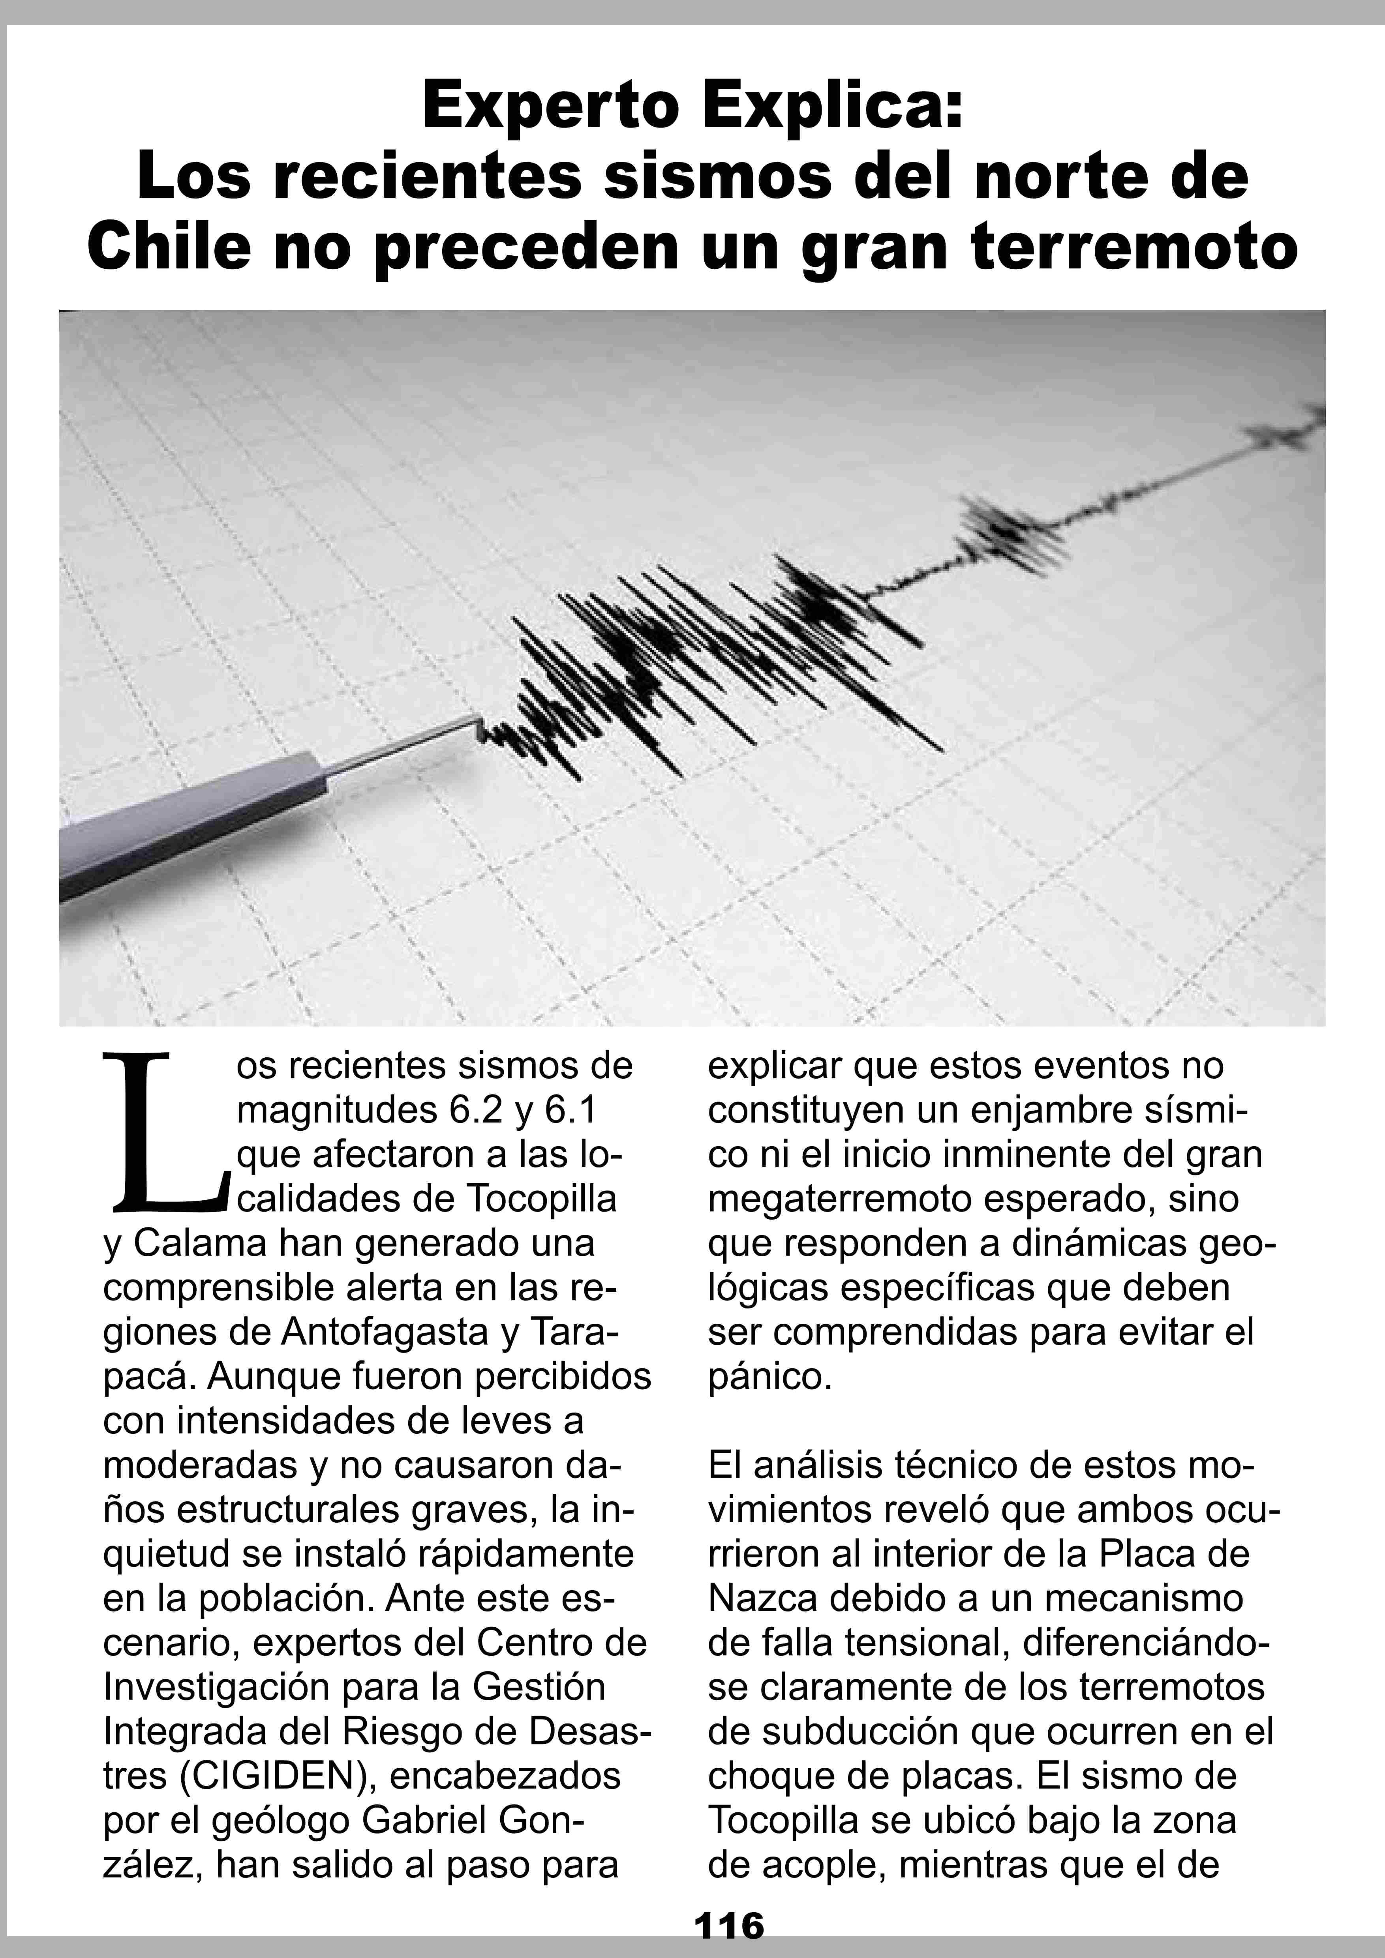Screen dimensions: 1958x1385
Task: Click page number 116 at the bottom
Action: (729, 1926)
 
